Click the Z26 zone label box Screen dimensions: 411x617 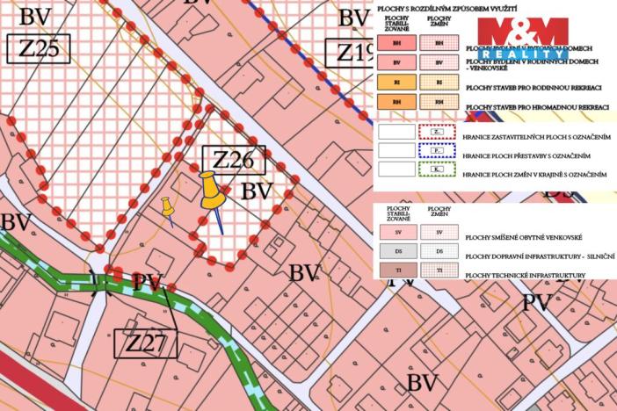pos(233,160)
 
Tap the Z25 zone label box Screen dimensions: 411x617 pos(37,48)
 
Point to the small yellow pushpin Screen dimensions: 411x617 pos(166,207)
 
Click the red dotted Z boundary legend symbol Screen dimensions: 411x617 pos(439,132)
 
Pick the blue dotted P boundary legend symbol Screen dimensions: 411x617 pos(439,153)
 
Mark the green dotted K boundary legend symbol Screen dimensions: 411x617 pos(439,173)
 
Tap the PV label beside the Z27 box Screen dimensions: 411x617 pos(148,282)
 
